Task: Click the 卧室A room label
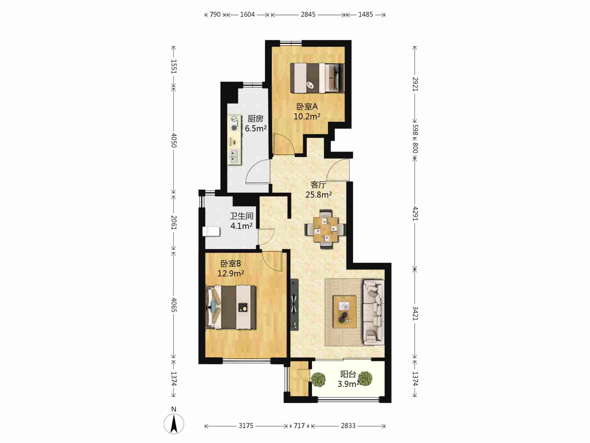coord(307,106)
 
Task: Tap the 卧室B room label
coord(230,263)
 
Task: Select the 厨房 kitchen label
coord(256,119)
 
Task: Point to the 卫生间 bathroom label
coord(241,216)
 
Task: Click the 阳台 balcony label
coord(348,374)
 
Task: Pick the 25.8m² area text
coord(318,195)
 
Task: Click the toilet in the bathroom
coord(211,232)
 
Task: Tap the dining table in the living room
coord(326,229)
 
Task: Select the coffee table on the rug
coord(345,311)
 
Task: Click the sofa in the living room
coord(374,312)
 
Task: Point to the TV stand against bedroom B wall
coord(294,304)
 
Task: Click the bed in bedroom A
coord(317,78)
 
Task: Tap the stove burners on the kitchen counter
coord(234,123)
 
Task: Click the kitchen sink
coord(234,157)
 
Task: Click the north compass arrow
coord(174,424)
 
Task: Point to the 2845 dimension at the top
coord(308,14)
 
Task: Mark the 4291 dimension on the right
coord(415,213)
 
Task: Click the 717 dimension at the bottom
coord(299,426)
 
